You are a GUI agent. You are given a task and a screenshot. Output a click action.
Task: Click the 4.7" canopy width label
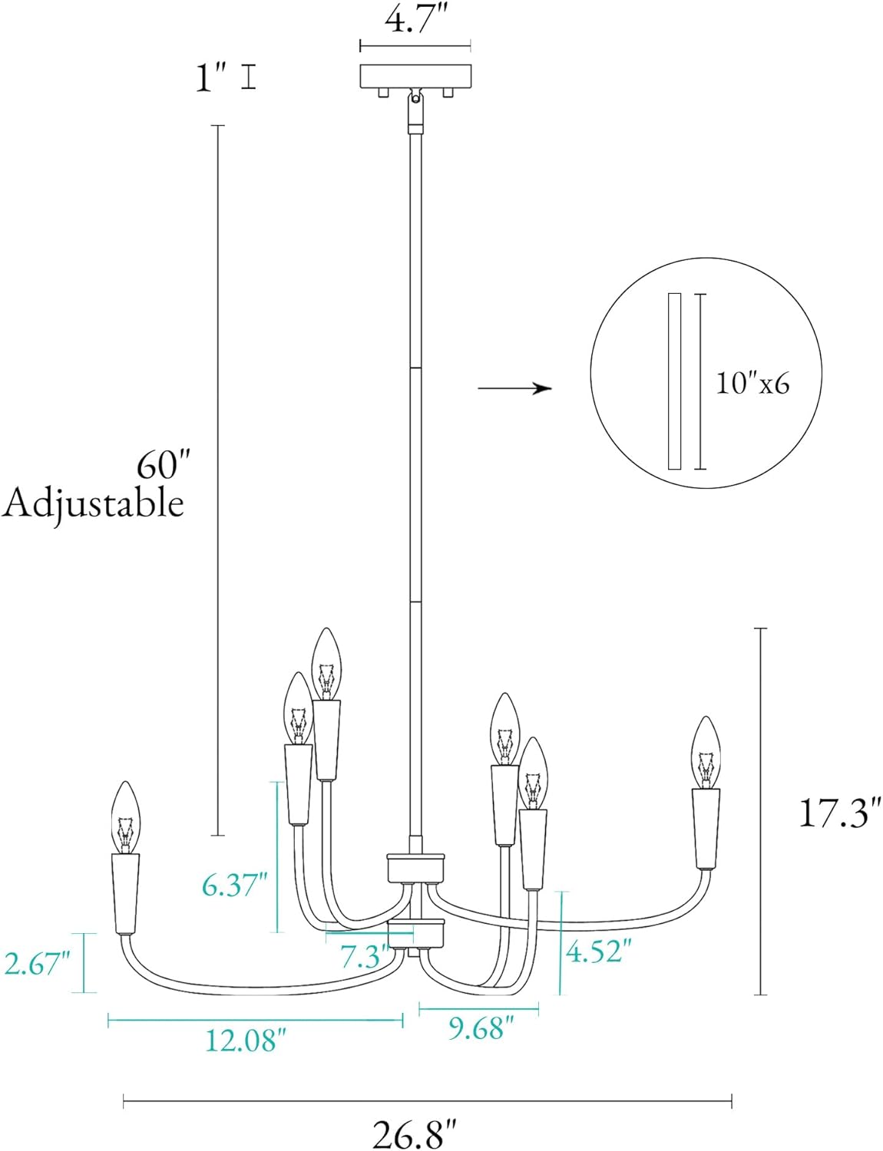pyautogui.click(x=415, y=20)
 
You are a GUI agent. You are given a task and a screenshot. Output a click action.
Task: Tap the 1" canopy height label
pyautogui.click(x=210, y=78)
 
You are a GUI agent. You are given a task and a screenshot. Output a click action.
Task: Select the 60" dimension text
pyautogui.click(x=162, y=464)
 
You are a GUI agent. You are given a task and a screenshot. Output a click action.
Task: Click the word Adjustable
pyautogui.click(x=93, y=504)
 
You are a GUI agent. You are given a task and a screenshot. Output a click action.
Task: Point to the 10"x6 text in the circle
pyautogui.click(x=752, y=382)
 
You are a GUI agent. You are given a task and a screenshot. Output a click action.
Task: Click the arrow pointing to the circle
pyautogui.click(x=514, y=389)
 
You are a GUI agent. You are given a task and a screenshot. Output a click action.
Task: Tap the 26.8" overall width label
pyautogui.click(x=415, y=1133)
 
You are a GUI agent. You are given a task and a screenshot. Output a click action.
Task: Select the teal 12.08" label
pyautogui.click(x=245, y=1041)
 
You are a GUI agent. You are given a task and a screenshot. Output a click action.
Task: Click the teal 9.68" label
pyautogui.click(x=481, y=1028)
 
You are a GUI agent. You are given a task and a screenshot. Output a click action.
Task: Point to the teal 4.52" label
pyautogui.click(x=598, y=952)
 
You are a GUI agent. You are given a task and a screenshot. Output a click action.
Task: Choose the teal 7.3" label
pyautogui.click(x=362, y=957)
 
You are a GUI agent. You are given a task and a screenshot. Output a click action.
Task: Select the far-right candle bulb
pyautogui.click(x=705, y=752)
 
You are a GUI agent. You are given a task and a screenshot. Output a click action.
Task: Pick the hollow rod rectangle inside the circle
pyautogui.click(x=674, y=381)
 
